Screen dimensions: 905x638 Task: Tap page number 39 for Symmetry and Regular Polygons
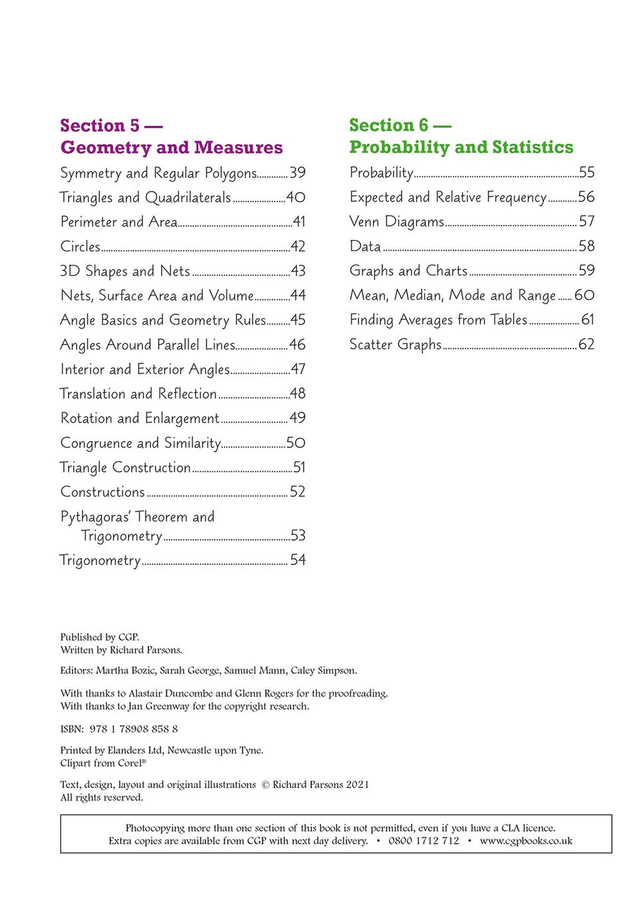(298, 173)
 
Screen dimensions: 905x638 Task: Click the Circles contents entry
(81, 247)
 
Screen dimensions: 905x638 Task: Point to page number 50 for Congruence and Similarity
(296, 443)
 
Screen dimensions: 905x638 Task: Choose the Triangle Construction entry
(125, 468)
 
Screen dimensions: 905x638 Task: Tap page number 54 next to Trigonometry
(298, 560)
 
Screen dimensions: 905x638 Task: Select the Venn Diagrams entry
(397, 222)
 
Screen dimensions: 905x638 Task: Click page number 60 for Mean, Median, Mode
(584, 295)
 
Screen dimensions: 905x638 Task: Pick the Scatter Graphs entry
(396, 345)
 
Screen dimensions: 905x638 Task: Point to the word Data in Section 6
(365, 247)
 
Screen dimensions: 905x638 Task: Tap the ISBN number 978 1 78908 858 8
(134, 729)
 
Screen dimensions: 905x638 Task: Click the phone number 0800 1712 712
(424, 841)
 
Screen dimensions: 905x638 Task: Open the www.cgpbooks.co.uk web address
(526, 841)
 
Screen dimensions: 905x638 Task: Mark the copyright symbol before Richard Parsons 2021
(265, 785)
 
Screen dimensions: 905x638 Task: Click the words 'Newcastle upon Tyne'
(215, 751)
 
